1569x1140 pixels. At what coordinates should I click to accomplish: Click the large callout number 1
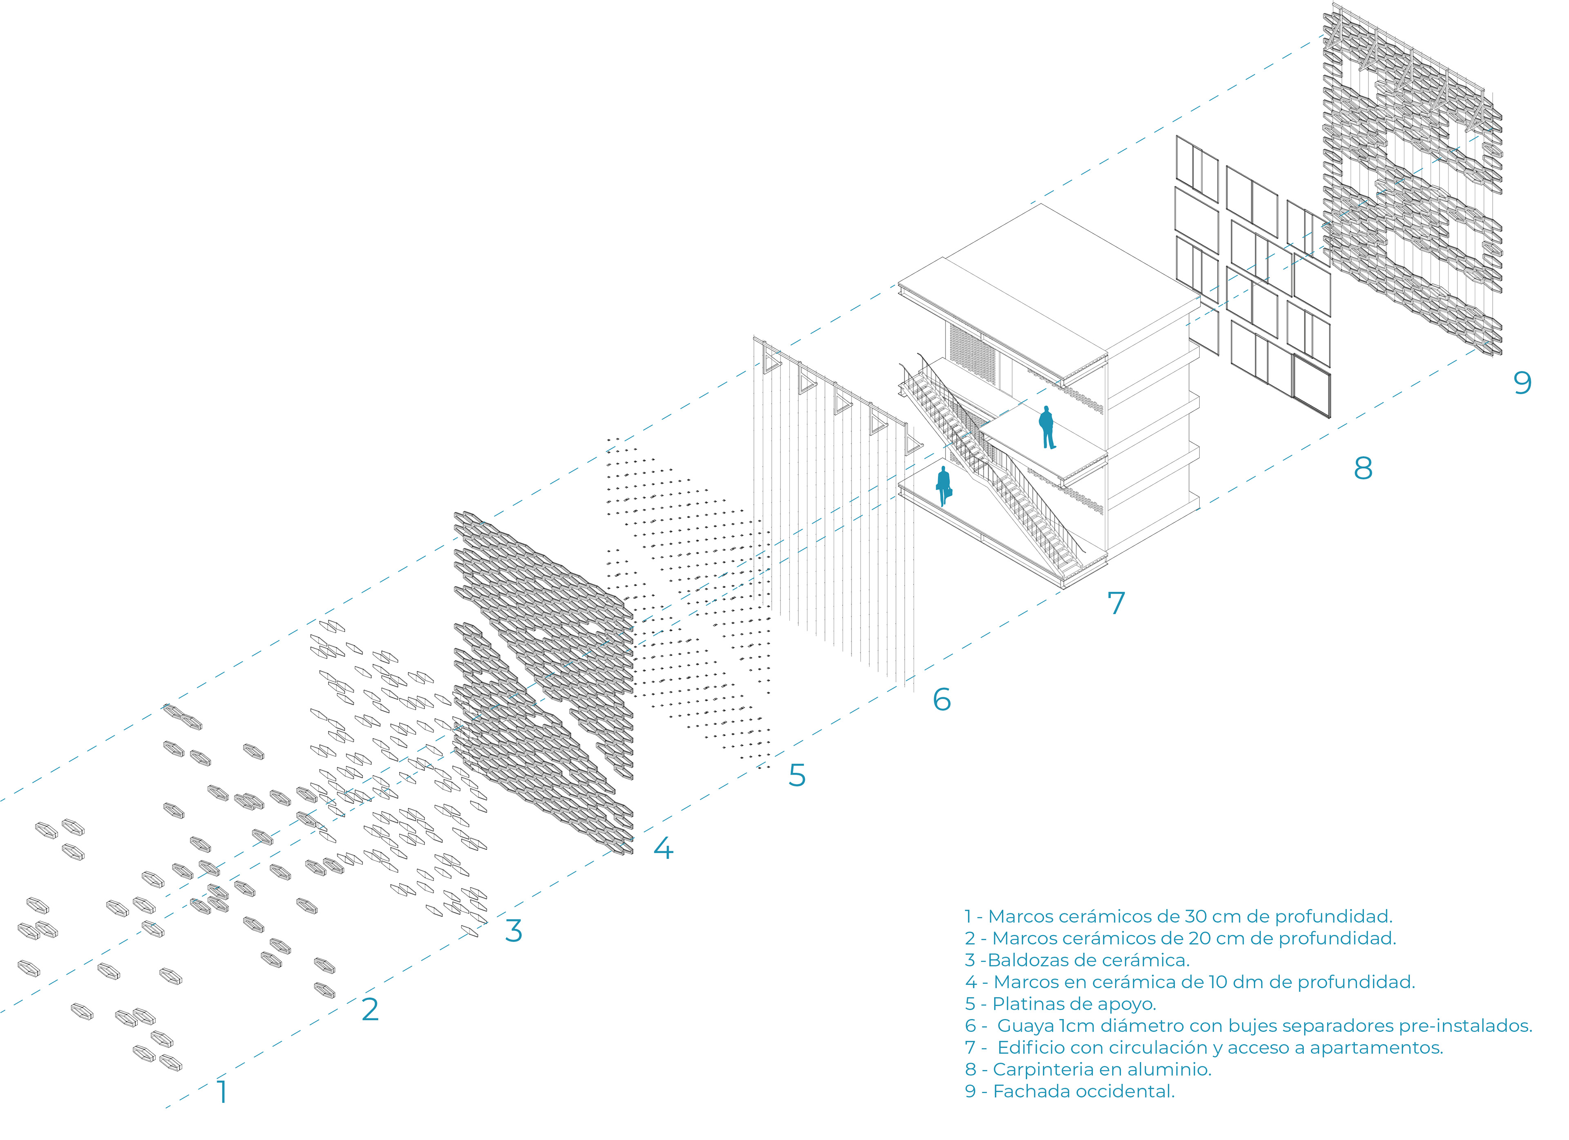click(x=222, y=1091)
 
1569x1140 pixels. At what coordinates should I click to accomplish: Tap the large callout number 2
click(x=370, y=1009)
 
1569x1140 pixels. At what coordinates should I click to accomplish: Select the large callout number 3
click(x=513, y=930)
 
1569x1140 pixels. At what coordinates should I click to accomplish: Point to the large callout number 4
click(x=663, y=848)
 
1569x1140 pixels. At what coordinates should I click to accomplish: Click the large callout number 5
click(x=797, y=775)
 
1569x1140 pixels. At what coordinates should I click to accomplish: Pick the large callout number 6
click(x=941, y=699)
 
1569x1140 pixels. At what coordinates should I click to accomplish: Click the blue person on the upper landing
click(x=1047, y=427)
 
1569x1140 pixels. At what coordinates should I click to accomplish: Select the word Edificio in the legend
click(x=1031, y=1047)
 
